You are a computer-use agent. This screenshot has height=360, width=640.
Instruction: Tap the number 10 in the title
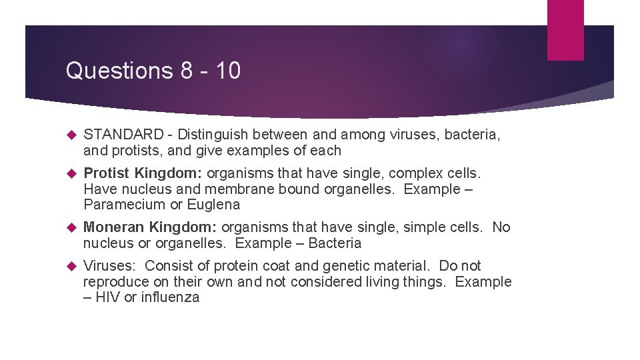point(228,71)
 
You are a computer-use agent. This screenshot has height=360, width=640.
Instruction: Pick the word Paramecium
point(124,205)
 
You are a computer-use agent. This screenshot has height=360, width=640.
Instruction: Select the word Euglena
point(213,205)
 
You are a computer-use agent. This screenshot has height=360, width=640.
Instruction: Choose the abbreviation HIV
point(108,297)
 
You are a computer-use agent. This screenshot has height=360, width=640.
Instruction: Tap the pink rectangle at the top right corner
point(565,30)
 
